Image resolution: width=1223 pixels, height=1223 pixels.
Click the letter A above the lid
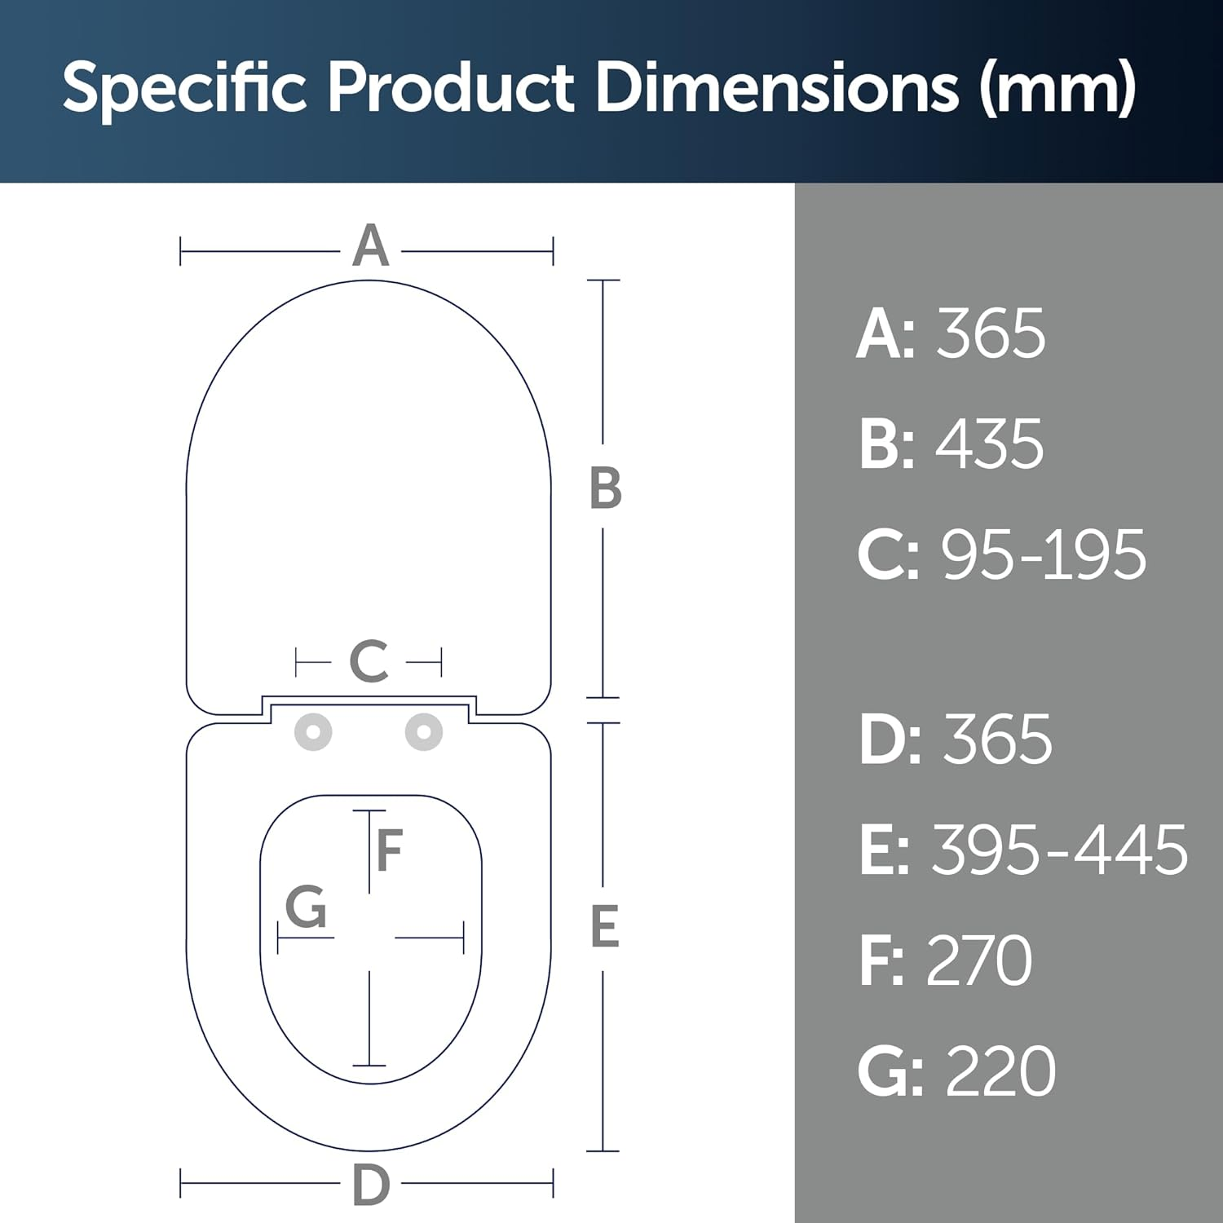coord(370,245)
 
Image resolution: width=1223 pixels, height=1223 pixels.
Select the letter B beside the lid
coord(605,489)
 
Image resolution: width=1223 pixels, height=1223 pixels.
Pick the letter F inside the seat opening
coord(390,850)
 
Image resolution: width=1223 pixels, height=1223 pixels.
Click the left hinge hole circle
coord(313,731)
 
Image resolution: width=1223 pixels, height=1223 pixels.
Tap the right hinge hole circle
coord(423,731)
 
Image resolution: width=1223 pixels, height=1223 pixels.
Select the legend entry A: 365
coord(951,333)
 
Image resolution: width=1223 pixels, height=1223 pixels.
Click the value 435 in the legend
coord(989,444)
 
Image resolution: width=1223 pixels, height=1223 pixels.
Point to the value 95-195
coord(1044,555)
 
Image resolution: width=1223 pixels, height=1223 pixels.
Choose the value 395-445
coord(1059,850)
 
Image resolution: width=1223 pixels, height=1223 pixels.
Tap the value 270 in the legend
coord(978,960)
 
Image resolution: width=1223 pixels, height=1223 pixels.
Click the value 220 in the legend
coord(1000,1071)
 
